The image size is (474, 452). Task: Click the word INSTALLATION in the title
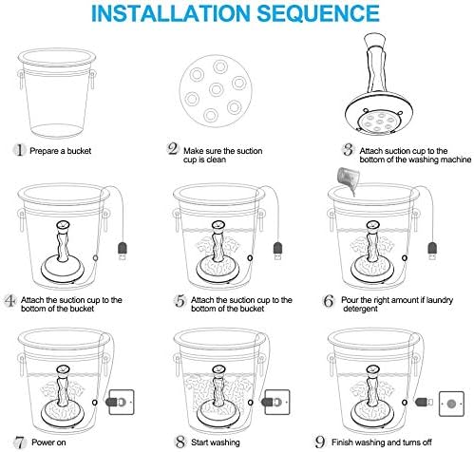(171, 13)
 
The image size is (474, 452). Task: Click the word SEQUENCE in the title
(318, 13)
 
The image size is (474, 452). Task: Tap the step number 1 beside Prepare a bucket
(20, 150)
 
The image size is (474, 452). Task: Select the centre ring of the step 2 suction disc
(217, 89)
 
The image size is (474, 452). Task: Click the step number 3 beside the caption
(349, 149)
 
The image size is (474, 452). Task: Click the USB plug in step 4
(123, 251)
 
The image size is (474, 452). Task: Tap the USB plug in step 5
(277, 251)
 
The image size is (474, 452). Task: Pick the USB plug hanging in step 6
(432, 251)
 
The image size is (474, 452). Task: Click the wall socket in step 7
(122, 403)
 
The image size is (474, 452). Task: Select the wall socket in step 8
(277, 403)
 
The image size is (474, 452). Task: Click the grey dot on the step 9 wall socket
(451, 404)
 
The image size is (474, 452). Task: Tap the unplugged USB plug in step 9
(424, 403)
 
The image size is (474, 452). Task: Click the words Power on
(48, 443)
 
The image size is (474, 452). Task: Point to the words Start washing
(216, 443)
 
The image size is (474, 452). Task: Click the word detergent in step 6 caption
(360, 309)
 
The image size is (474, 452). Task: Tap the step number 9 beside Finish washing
(320, 442)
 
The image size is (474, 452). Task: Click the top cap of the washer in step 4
(63, 226)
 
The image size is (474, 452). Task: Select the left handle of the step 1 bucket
(21, 80)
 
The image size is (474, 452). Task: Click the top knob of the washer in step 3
(375, 41)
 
